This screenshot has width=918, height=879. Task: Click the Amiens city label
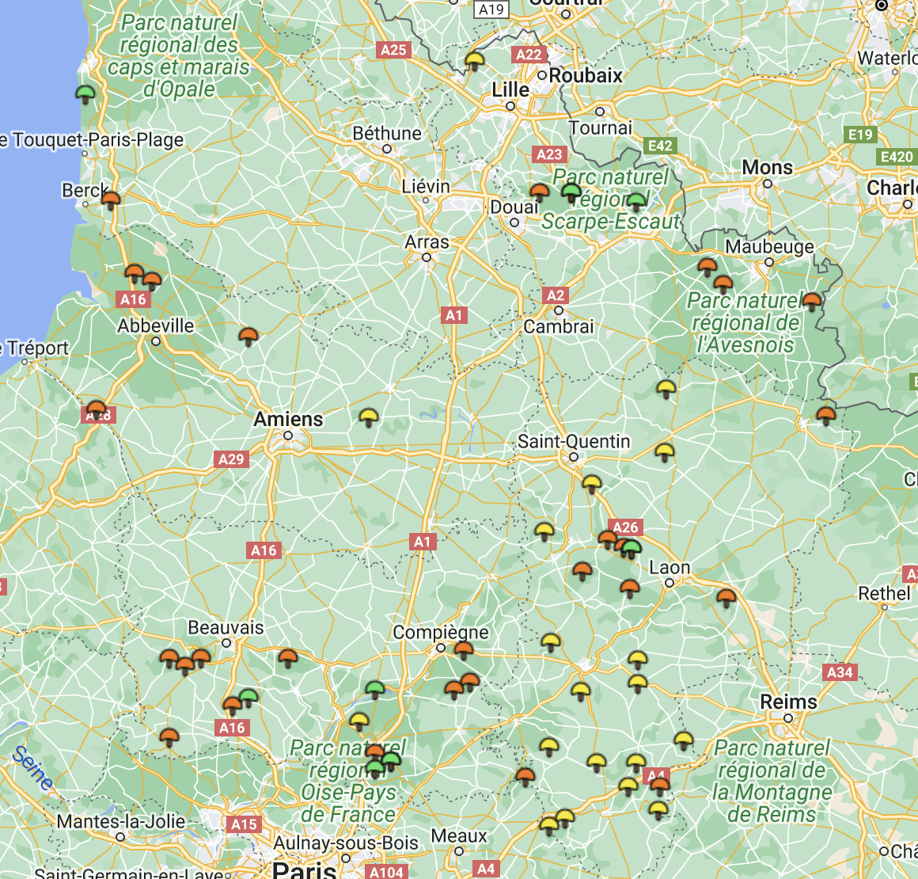tap(288, 419)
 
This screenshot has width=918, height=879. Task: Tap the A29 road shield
tap(231, 459)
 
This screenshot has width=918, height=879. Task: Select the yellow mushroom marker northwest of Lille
tap(474, 60)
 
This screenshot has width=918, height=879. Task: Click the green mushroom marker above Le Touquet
tap(85, 94)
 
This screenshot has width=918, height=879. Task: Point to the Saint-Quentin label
tap(574, 441)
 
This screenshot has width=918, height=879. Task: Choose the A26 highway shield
tap(625, 527)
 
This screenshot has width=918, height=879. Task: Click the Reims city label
tap(788, 702)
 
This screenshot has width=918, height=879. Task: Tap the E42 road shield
tap(660, 146)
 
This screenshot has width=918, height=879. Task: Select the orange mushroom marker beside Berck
tap(111, 199)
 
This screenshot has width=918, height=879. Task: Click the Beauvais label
tap(226, 628)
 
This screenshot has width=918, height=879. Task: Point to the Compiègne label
tap(441, 633)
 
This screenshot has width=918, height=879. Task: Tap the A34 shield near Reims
tap(840, 672)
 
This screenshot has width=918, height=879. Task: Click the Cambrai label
tap(559, 326)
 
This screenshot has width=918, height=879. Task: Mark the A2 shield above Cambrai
tap(556, 295)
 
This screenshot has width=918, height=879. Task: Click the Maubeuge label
tap(769, 246)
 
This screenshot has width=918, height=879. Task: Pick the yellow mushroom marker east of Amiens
tap(369, 417)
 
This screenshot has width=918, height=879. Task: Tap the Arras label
tap(427, 242)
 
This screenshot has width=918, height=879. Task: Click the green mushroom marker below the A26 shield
tap(632, 547)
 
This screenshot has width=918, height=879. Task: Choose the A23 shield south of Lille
tap(549, 154)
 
